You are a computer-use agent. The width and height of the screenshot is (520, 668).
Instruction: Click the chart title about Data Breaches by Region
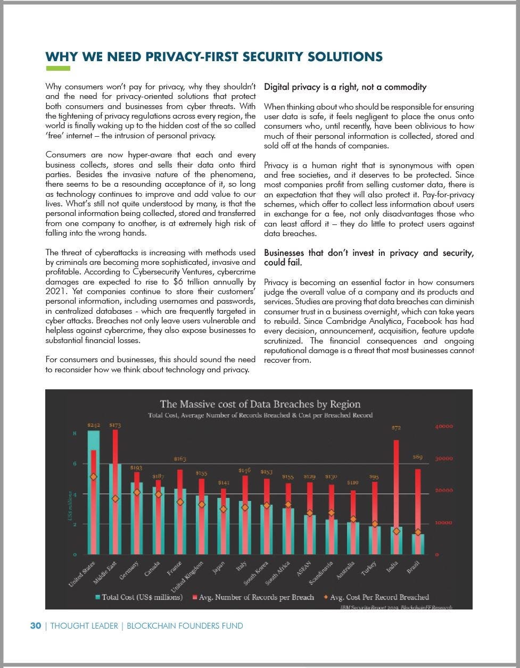(260, 404)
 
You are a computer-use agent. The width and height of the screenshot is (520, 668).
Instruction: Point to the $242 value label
(94, 425)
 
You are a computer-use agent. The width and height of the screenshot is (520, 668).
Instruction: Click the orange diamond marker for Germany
(137, 492)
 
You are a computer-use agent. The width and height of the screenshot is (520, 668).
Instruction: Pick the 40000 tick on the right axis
(444, 427)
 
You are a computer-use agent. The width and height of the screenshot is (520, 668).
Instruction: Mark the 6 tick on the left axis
(75, 464)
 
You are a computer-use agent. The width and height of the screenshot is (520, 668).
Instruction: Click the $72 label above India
(396, 428)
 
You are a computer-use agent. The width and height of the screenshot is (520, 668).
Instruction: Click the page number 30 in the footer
(35, 626)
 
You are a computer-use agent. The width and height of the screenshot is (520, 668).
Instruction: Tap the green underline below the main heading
(58, 68)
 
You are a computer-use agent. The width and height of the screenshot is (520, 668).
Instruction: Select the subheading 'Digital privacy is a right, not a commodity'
(345, 87)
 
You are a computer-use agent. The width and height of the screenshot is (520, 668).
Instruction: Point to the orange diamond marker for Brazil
(418, 532)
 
